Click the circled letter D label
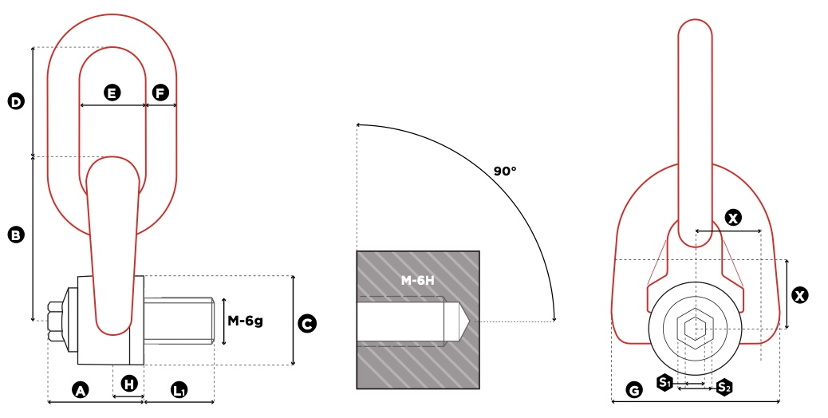coord(17,101)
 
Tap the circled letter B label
coord(17,235)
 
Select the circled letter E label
coord(112,93)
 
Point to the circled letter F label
coord(160,93)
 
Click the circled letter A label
coord(81,390)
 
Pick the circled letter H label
coord(129,384)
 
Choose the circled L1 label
coord(179,390)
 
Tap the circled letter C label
coord(307,324)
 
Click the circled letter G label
coord(633,390)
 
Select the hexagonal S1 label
coord(664,382)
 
